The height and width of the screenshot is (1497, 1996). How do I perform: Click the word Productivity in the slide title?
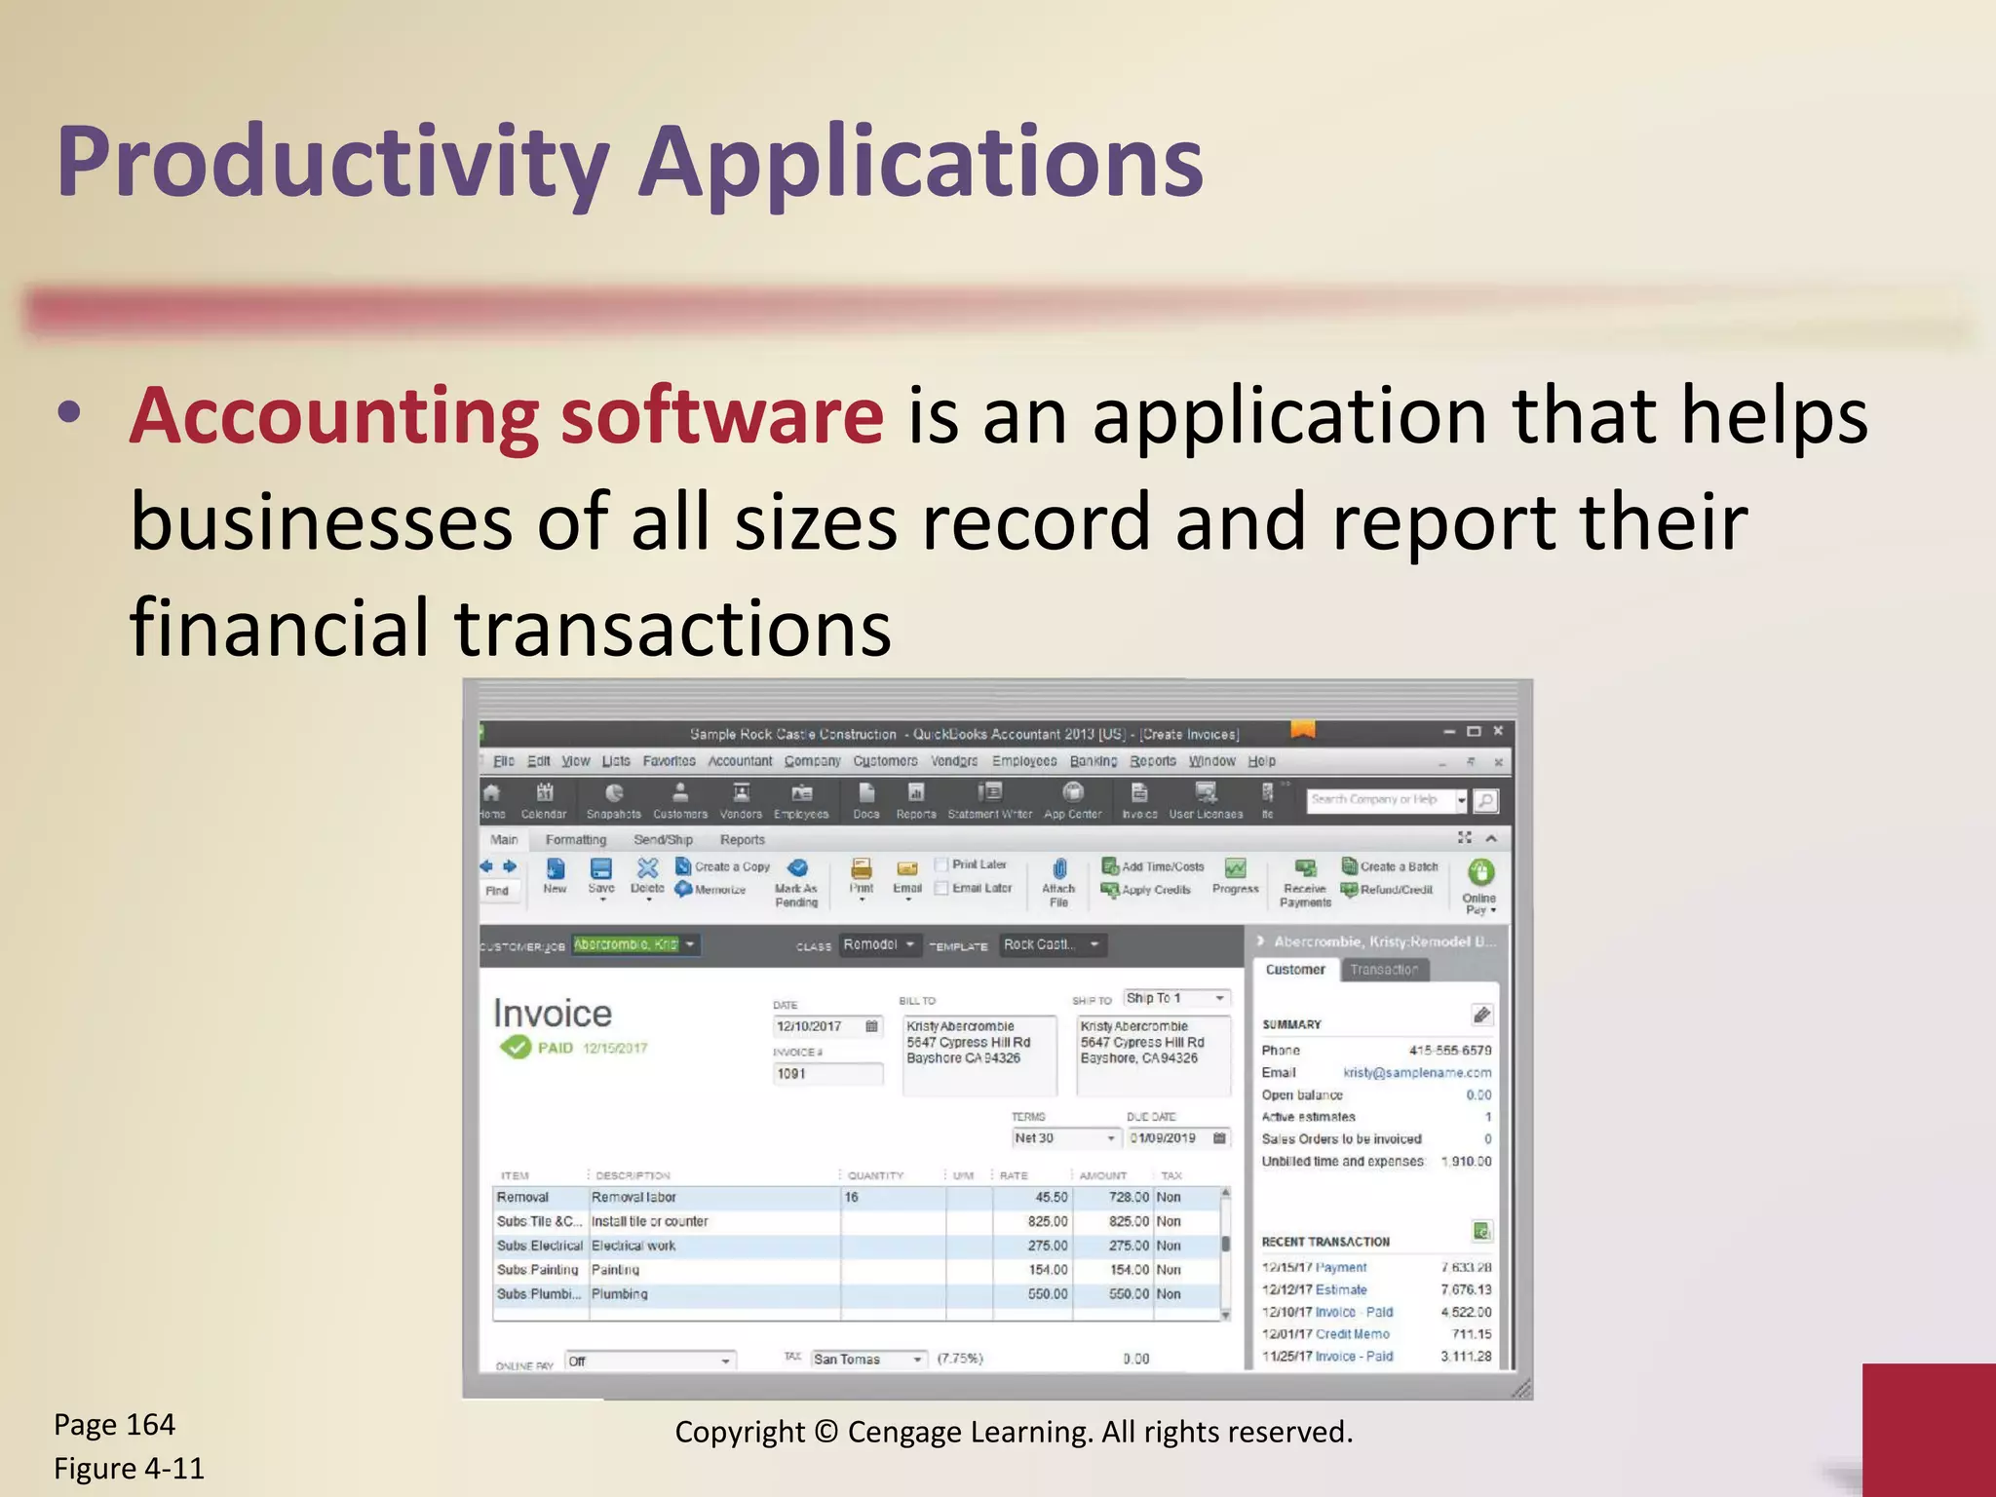coord(332,164)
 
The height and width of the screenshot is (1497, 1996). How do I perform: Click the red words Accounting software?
coord(507,416)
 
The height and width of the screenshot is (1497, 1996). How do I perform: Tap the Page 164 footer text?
coord(114,1425)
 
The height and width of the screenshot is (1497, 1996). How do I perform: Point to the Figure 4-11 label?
coord(129,1468)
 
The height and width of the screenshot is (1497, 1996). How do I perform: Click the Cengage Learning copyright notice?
coord(1014,1432)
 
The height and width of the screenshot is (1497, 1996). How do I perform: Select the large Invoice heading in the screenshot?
coord(553,1014)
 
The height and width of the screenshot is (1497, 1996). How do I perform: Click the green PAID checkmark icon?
coord(515,1048)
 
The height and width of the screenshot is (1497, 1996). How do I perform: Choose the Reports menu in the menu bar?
coord(1153,761)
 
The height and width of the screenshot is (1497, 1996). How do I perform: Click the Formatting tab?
coord(575,839)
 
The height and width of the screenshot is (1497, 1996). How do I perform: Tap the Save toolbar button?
coord(601,874)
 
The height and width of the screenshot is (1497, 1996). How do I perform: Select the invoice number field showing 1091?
coord(827,1074)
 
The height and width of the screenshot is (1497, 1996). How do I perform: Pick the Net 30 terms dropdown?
coord(1064,1138)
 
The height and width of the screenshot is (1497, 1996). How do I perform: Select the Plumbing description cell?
coord(620,1294)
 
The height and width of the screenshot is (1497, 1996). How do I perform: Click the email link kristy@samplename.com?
coord(1417,1073)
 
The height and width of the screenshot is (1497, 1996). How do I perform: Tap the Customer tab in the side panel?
coord(1294,970)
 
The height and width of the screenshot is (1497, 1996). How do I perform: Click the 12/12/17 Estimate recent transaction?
coord(1315,1289)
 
